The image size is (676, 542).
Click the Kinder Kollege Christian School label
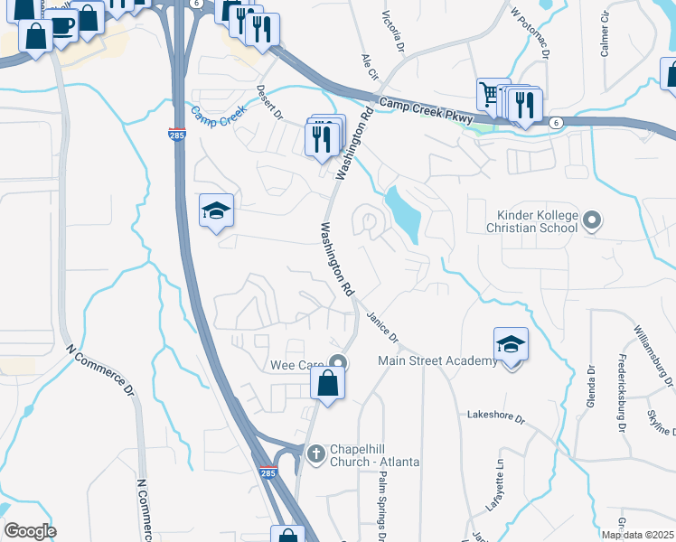coord(537,221)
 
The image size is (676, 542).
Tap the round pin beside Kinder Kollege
coord(592,220)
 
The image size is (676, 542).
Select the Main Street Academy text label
coord(437,361)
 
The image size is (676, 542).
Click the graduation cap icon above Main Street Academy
coord(511,345)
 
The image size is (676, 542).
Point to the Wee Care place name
coord(297,365)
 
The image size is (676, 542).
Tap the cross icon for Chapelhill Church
coord(315,453)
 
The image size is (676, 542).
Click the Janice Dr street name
coord(382,326)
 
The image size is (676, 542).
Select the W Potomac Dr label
coord(530,33)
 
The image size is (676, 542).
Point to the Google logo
coord(31,531)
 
